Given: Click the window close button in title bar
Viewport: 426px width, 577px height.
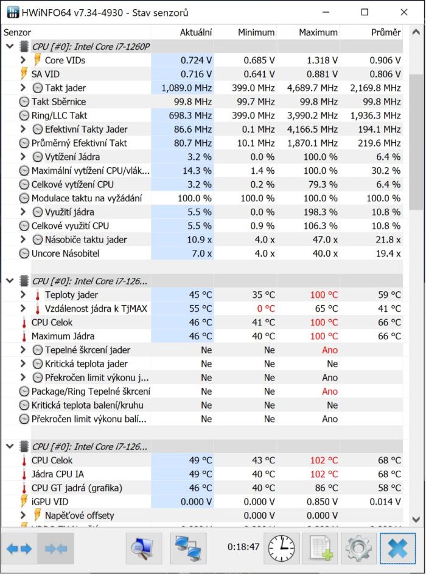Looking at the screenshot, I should [x=404, y=12].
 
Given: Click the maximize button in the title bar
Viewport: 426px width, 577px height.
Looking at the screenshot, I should [x=365, y=12].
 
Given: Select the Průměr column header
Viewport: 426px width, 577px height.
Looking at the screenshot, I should [x=386, y=32].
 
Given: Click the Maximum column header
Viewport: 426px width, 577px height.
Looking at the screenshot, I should [x=318, y=32].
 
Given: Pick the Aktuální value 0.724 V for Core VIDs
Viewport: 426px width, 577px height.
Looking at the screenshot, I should [x=196, y=60].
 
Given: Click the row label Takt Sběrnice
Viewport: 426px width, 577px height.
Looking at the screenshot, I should [x=58, y=102].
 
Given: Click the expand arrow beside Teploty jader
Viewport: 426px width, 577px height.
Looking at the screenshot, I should [x=23, y=295].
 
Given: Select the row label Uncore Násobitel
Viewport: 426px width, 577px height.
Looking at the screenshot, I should [x=65, y=254].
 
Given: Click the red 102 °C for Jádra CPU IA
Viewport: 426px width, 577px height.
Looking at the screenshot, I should [x=324, y=474].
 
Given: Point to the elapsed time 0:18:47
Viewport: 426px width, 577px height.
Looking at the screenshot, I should [x=243, y=547].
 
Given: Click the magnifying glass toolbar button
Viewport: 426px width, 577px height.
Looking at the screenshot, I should [x=144, y=548].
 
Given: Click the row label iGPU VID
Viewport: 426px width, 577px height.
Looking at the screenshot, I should [x=50, y=502].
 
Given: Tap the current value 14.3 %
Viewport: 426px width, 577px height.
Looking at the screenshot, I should [x=197, y=171].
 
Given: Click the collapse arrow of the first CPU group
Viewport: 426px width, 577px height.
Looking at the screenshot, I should [x=9, y=46].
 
